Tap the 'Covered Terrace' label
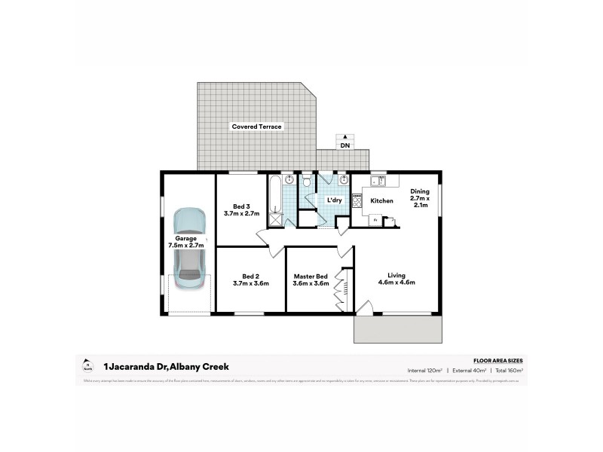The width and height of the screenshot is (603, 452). coord(256,127)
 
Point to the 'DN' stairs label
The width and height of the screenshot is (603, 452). coord(344,145)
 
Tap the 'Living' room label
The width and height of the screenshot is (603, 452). coord(396,275)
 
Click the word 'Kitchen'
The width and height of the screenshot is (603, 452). coord(381,201)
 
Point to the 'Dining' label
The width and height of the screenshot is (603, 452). coord(419,191)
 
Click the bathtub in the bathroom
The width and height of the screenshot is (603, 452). coord(276,195)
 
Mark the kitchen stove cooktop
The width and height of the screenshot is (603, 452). coord(357,201)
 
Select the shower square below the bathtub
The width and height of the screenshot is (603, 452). coord(275,220)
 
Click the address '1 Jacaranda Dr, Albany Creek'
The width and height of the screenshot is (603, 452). coord(166,367)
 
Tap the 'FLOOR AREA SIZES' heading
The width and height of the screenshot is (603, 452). coord(497,362)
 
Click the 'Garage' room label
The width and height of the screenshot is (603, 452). coord(186,238)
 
